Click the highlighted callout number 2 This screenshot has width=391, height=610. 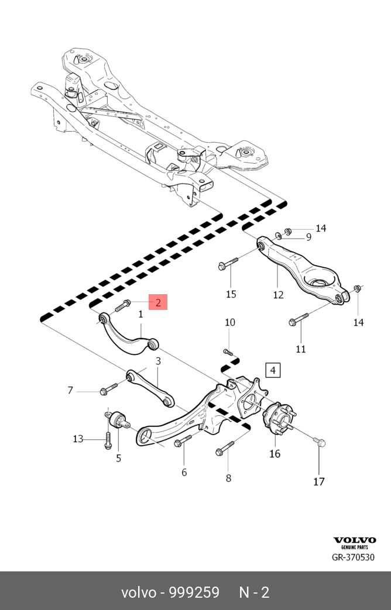(158, 302)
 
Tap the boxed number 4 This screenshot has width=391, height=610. (273, 370)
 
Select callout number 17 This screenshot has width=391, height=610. (318, 481)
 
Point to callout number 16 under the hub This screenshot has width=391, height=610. (275, 453)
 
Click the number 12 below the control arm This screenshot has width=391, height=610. (278, 294)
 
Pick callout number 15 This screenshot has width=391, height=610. (231, 294)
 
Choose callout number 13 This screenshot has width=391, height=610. (78, 439)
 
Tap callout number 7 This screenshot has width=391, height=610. (70, 390)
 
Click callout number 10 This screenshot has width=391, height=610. (230, 322)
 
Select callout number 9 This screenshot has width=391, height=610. (308, 237)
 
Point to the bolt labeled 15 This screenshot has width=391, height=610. (227, 263)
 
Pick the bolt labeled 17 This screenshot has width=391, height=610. (318, 442)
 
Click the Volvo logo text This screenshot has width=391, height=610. (355, 540)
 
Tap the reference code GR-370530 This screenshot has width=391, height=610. (353, 557)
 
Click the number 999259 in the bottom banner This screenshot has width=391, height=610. (194, 592)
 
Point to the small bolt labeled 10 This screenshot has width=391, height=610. (228, 352)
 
